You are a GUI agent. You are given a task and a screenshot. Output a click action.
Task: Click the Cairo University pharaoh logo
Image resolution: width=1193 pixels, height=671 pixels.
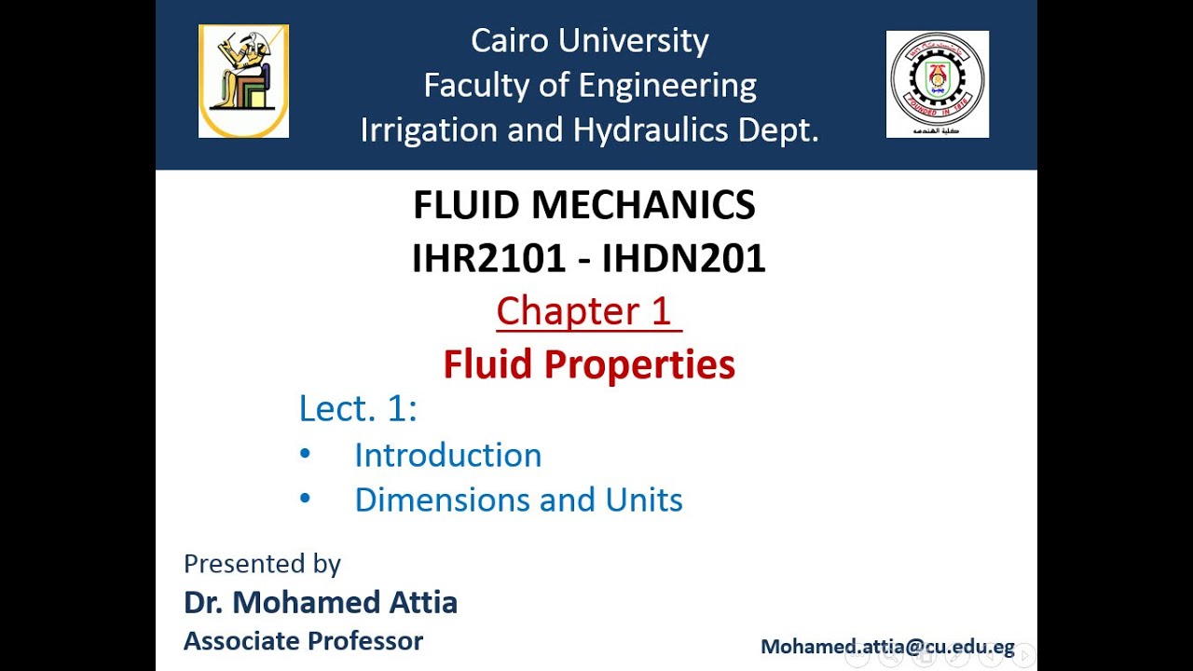[243, 81]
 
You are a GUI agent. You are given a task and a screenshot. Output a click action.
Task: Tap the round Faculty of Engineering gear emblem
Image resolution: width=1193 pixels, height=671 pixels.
[937, 83]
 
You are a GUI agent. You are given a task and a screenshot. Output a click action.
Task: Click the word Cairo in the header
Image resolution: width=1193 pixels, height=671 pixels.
[508, 41]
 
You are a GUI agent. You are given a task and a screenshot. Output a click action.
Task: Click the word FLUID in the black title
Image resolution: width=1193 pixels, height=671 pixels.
[465, 206]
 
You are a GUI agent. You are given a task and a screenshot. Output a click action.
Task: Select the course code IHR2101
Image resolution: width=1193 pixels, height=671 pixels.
[488, 259]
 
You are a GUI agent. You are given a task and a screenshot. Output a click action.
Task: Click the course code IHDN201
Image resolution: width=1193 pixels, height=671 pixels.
[684, 259]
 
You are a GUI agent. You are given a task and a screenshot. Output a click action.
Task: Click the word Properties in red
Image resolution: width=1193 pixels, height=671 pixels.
[639, 364]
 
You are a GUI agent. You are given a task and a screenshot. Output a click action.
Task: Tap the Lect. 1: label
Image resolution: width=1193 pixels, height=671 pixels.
[358, 409]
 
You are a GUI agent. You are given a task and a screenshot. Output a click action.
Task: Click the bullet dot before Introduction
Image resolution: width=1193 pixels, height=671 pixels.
[305, 454]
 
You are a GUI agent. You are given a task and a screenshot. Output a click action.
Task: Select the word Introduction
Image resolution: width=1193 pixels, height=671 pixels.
[447, 455]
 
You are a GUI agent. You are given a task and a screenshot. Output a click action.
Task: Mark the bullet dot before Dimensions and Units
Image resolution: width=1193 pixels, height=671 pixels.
[305, 499]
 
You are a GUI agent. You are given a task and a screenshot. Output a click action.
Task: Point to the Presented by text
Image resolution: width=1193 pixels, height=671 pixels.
[262, 564]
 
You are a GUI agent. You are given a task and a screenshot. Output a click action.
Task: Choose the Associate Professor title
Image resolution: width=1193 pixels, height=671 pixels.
[303, 641]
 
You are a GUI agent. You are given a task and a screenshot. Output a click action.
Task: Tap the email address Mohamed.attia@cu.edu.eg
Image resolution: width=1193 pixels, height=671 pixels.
[887, 647]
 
